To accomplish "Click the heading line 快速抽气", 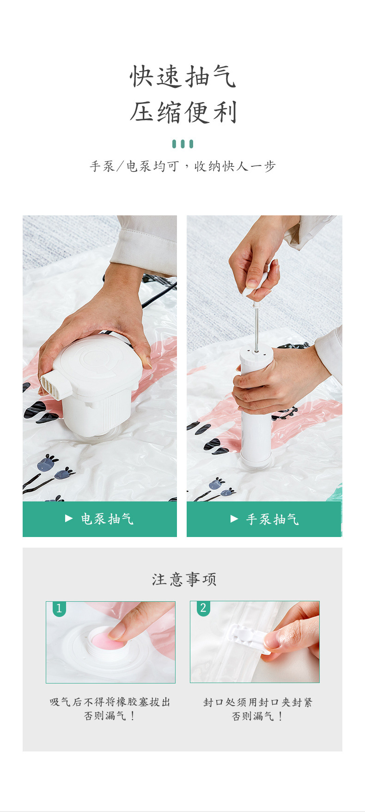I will (183, 76).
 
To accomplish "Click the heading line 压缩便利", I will (183, 112).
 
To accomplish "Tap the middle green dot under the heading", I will (183, 144).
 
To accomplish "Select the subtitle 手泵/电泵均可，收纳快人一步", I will (183, 166).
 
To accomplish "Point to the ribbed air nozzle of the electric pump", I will (52, 384).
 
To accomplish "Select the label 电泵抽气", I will (107, 519).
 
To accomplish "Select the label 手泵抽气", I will (272, 519).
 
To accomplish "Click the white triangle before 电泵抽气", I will (69, 519).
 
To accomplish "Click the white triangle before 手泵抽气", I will (234, 519).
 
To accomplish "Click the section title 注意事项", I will (184, 579).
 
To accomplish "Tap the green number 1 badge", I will (59, 608).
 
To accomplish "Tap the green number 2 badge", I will (203, 608).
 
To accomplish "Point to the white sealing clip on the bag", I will (247, 638).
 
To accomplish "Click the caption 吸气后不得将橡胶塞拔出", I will (110, 702).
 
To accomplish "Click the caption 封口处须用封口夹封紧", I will (258, 702).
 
